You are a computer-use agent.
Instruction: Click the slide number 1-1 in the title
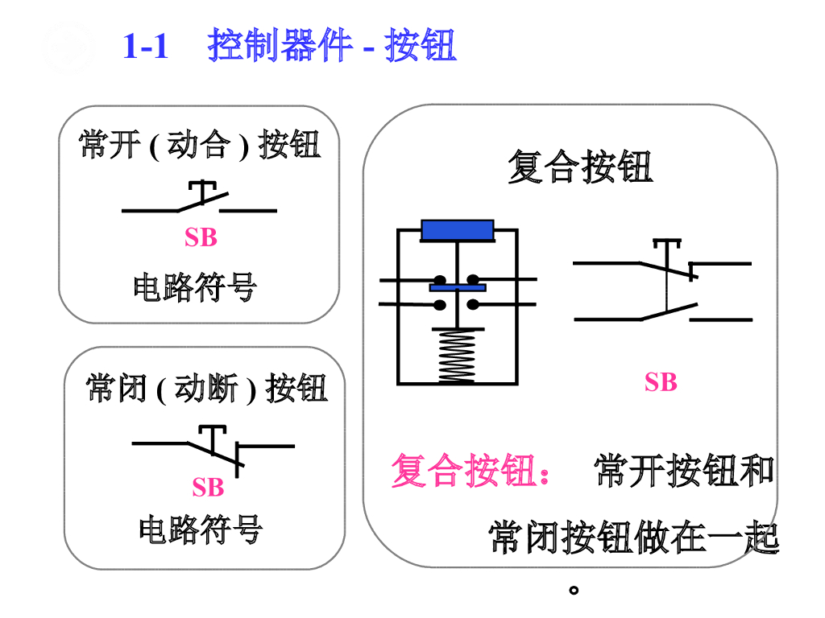pos(146,46)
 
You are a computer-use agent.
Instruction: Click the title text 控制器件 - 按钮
pos(332,46)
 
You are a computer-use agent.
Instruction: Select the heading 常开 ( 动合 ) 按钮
pos(200,146)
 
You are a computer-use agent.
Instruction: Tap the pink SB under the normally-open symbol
pos(201,237)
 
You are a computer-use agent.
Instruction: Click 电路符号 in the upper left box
pos(195,287)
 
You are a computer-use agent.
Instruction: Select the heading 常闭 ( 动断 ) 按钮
pos(207,389)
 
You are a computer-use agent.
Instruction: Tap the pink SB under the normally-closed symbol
pos(208,487)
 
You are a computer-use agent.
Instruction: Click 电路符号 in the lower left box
pos(201,530)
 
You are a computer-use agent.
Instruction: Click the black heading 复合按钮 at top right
pos(580,168)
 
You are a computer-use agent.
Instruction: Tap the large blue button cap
pos(458,230)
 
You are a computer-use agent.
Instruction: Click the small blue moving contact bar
pos(457,286)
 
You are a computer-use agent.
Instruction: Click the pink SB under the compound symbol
pos(661,382)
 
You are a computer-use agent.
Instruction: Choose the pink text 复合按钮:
pos(471,471)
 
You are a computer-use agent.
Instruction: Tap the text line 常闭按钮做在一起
pos(635,538)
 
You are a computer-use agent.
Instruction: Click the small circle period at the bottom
pos(574,590)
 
